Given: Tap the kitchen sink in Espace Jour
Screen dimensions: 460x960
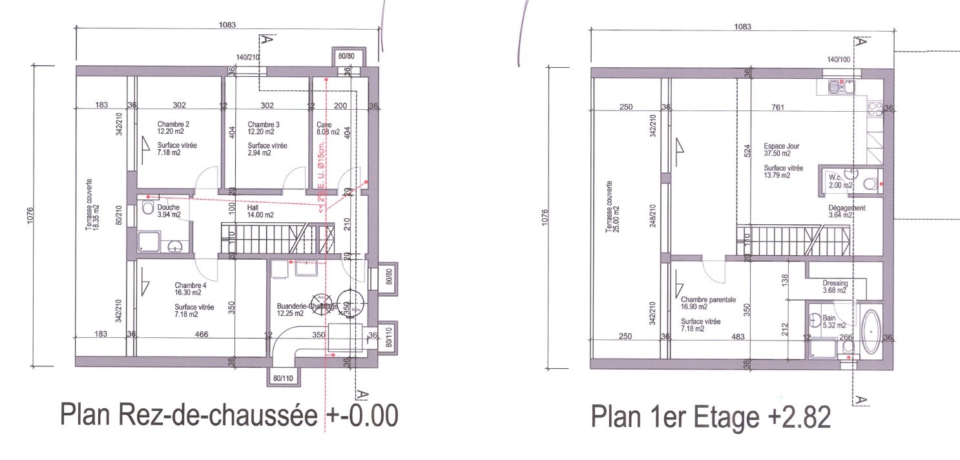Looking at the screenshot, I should tap(838, 85).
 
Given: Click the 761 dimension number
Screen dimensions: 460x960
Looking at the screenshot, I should tap(778, 107).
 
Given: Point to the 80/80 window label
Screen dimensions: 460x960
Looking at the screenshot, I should tap(346, 56).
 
